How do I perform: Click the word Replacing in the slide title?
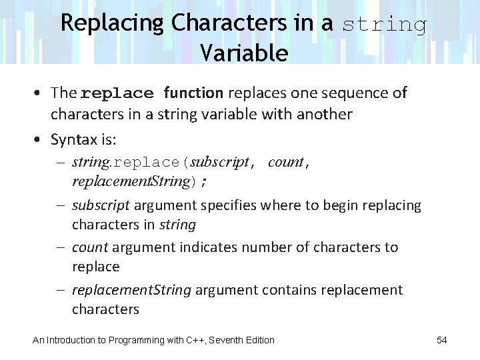click(x=112, y=23)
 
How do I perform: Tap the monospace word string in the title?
click(x=385, y=25)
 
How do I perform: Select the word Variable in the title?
click(x=243, y=53)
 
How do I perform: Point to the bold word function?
click(x=193, y=93)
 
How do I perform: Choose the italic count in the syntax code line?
click(x=285, y=162)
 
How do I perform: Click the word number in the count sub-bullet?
click(x=267, y=247)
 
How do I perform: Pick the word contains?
click(x=290, y=290)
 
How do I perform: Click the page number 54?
click(x=441, y=340)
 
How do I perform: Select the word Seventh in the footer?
click(x=229, y=340)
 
